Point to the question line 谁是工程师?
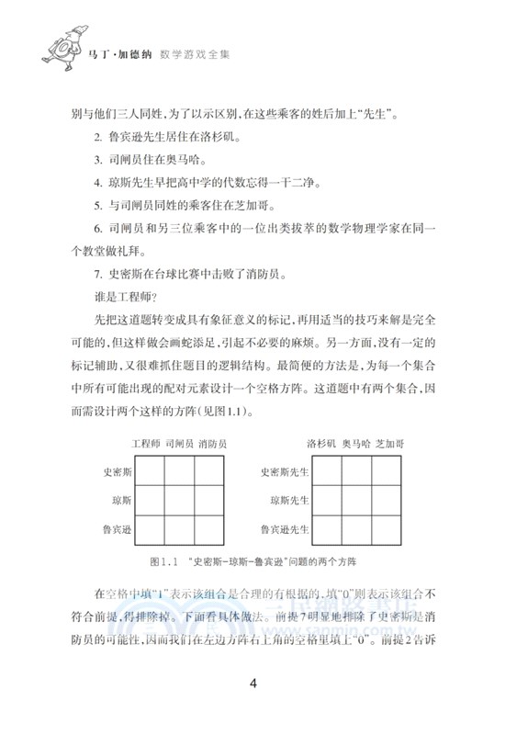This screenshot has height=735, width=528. point(127,296)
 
